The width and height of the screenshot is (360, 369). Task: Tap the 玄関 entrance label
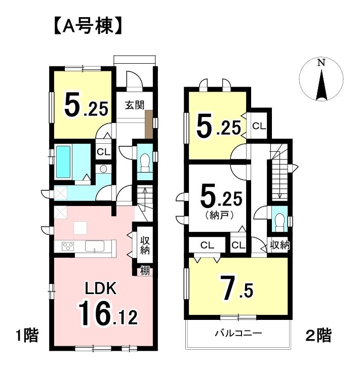(x=135, y=105)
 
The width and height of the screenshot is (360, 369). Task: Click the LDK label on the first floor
(x=101, y=289)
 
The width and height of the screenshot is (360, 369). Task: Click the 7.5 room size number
(x=236, y=289)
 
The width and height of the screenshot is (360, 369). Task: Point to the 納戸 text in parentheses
(x=220, y=215)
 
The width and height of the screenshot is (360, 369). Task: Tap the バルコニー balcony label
(x=238, y=333)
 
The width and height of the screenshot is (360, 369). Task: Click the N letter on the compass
(x=321, y=63)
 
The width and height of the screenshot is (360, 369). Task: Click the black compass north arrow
(x=322, y=84)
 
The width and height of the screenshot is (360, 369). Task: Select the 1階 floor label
(x=27, y=336)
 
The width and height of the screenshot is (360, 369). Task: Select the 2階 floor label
(x=319, y=336)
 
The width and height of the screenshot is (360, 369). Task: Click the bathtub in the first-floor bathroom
(x=63, y=162)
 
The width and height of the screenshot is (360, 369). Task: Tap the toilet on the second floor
(x=279, y=221)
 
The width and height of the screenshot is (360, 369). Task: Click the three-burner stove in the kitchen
(x=68, y=247)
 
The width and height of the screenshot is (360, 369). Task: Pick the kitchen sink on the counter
(x=95, y=247)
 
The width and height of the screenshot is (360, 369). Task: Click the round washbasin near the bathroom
(x=103, y=169)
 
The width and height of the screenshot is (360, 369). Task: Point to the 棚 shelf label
(x=145, y=271)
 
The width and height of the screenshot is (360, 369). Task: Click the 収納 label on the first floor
(x=145, y=245)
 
